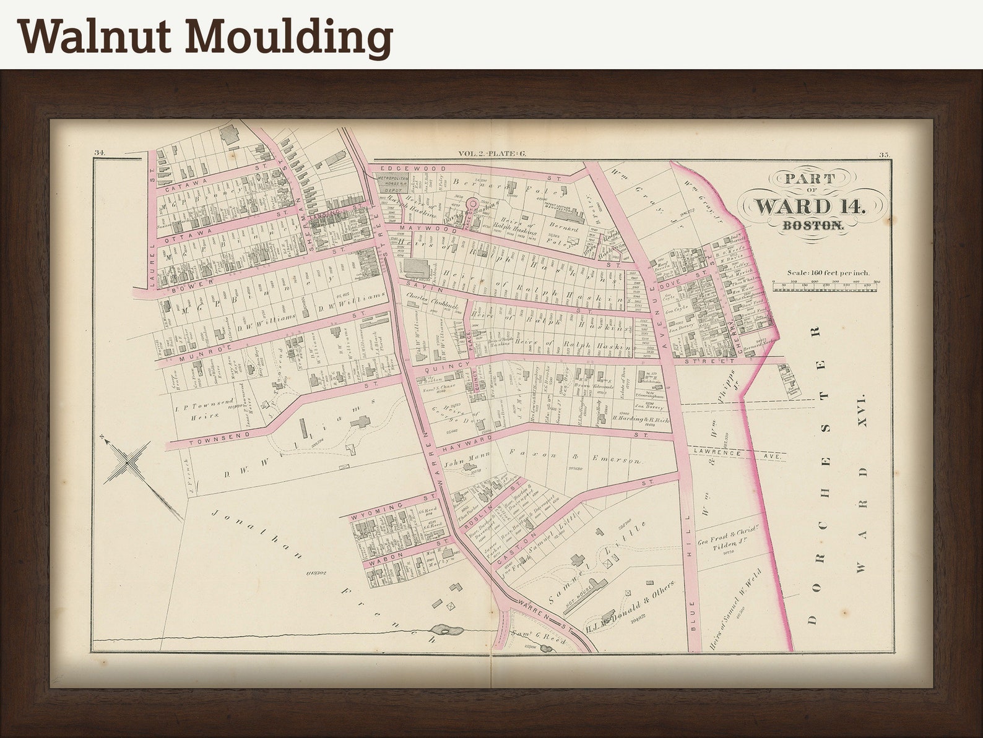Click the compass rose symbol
(x=127, y=461)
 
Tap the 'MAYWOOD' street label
(x=421, y=229)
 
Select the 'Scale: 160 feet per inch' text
(x=828, y=272)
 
